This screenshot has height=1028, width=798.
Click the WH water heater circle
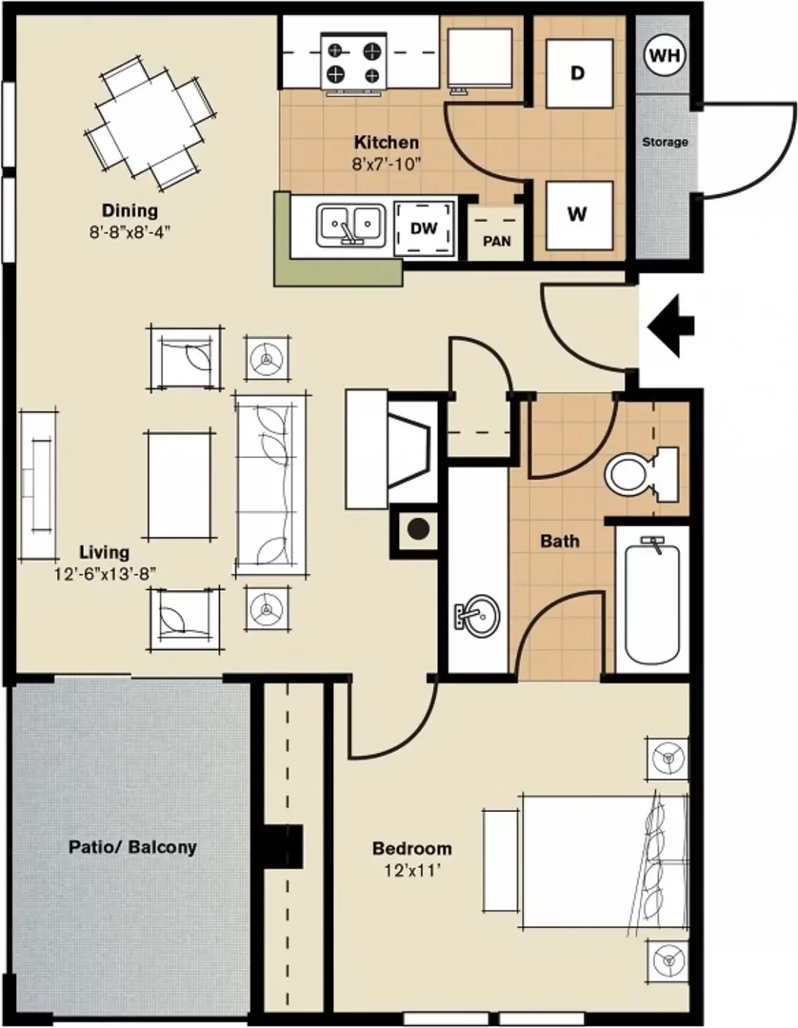tap(665, 55)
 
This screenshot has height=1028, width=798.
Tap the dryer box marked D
tap(580, 72)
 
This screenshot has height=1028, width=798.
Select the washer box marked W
tap(580, 214)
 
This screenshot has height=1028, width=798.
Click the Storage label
tap(665, 142)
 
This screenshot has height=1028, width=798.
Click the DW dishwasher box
tap(425, 228)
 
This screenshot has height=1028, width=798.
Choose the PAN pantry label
tap(497, 241)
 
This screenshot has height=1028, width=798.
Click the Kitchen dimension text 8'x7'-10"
tap(387, 164)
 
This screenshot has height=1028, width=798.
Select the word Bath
tap(559, 541)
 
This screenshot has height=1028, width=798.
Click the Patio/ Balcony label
tap(132, 847)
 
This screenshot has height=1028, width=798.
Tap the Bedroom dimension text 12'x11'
tap(412, 871)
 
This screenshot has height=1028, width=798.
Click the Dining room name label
tap(130, 210)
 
